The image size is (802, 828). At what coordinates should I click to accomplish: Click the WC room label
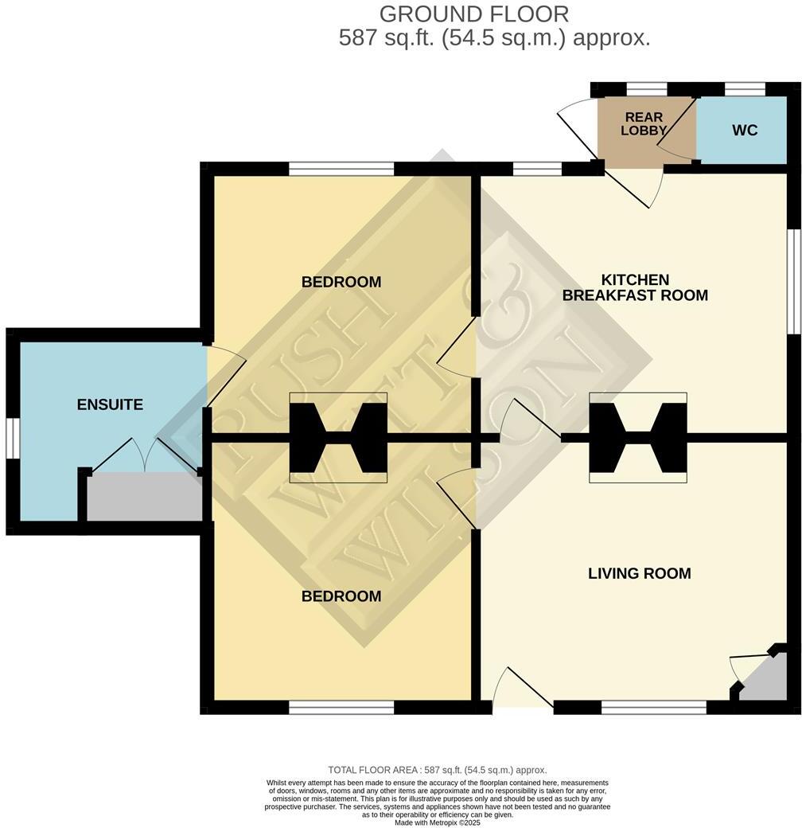pos(744,131)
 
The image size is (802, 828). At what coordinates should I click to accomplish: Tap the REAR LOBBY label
pos(644,124)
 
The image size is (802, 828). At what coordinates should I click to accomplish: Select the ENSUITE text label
pos(110,404)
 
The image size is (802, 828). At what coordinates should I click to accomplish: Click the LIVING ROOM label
pos(639,573)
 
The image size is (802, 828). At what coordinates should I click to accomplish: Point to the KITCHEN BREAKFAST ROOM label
pos(635,287)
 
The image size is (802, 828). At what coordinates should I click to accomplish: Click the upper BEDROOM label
pos(341,282)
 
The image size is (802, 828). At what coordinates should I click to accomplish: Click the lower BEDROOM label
pos(341,596)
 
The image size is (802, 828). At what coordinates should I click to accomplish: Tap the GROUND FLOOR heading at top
pos(473,14)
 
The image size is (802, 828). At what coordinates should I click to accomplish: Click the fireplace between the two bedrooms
pos(338,437)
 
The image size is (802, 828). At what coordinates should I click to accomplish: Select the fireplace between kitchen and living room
pos(637,437)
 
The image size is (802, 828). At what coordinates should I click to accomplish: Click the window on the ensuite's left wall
pos(12,438)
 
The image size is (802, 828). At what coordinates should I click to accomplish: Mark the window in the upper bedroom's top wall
pos(341,168)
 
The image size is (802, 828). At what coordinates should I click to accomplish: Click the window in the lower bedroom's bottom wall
pos(341,707)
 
